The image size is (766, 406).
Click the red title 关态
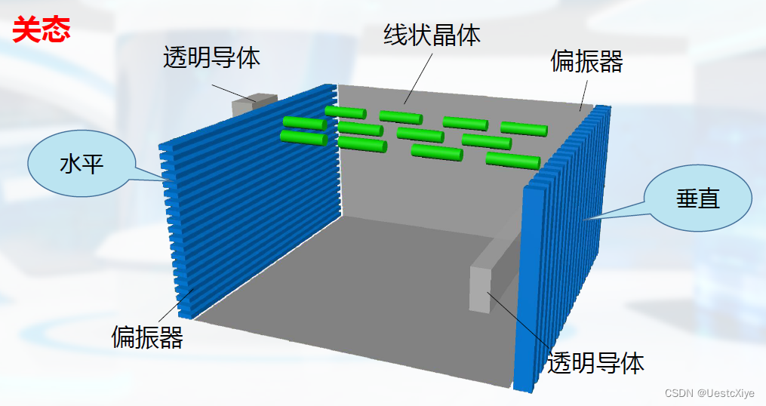pos(42,30)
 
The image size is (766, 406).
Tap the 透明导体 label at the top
pos(211,57)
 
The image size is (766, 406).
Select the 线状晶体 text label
pos(432,35)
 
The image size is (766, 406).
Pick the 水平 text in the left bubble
pos(82,164)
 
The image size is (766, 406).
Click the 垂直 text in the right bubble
pos(697,198)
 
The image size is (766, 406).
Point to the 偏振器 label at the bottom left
pos(147,337)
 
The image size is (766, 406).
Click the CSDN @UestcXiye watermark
pos(709,393)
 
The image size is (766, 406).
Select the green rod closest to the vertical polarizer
pos(512,160)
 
